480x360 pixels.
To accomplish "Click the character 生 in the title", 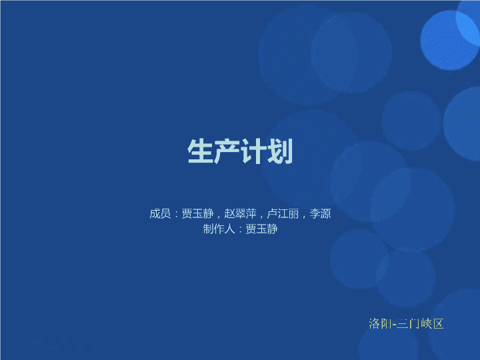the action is point(200,151).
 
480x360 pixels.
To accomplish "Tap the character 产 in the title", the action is point(227,151).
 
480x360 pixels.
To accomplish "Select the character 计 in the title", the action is point(253,151).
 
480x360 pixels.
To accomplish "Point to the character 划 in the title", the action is point(280,151).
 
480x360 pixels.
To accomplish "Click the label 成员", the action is point(160,213).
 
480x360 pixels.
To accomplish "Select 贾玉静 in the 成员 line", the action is point(197,213).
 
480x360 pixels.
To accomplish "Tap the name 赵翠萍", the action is point(240,213).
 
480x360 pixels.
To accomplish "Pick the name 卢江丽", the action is point(283,213).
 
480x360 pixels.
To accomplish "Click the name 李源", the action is point(320,213).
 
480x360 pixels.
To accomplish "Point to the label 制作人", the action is point(219,229).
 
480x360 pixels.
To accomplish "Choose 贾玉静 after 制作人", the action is point(261,229).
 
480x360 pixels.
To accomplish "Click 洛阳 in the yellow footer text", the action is point(379,323).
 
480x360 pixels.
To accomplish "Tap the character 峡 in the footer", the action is point(427,323).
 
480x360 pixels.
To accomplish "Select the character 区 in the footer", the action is point(438,323).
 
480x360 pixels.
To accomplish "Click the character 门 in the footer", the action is point(415,323).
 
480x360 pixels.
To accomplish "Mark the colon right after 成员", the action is point(176,214).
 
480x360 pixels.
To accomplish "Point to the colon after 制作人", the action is point(240,229).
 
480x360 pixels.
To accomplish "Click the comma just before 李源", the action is point(304,217).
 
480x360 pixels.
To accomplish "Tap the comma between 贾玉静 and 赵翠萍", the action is point(219,217).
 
